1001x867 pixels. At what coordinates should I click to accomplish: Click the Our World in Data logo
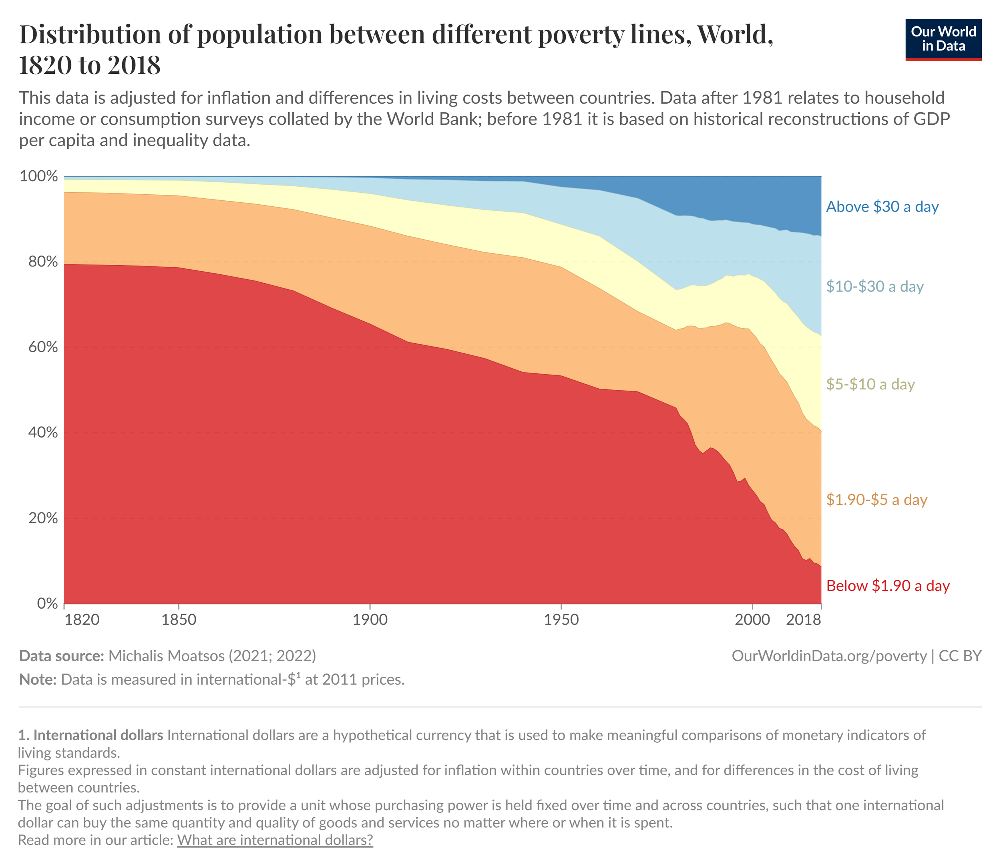tap(943, 40)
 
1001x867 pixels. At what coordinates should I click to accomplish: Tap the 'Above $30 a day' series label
tap(882, 207)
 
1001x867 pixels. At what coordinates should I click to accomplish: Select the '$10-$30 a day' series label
tap(874, 286)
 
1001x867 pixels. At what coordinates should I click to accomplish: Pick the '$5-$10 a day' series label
tap(870, 384)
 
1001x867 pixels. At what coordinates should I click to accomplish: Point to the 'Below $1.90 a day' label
tap(888, 585)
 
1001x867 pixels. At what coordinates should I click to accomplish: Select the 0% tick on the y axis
tap(47, 603)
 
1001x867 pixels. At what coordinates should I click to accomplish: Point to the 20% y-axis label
tap(42, 518)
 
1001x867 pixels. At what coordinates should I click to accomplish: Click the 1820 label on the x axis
tap(82, 620)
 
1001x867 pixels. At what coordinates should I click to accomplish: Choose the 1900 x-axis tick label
tap(370, 620)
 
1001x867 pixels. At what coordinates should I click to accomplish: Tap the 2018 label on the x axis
tap(804, 620)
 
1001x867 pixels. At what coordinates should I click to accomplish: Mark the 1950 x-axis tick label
tap(561, 620)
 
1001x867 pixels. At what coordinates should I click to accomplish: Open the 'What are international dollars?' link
tap(275, 839)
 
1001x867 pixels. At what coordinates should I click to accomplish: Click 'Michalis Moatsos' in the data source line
tap(166, 655)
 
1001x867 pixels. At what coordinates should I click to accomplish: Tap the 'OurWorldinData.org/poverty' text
tap(829, 655)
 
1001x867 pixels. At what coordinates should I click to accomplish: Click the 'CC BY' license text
tap(960, 655)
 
